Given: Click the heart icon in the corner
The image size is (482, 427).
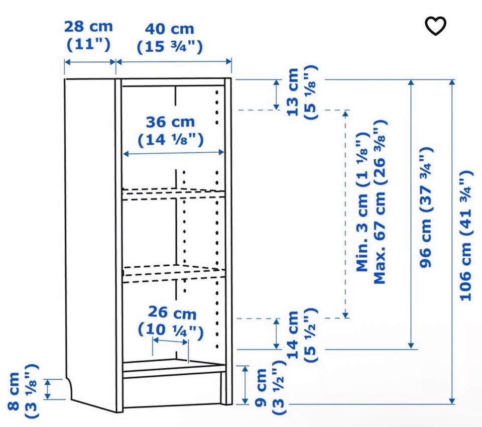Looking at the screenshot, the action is pos(436,26).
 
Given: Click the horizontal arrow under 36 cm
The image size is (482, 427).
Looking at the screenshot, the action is pos(173,153).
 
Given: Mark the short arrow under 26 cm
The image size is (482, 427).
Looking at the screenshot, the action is pos(170,341).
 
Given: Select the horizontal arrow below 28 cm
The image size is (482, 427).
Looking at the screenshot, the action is pos(90,62).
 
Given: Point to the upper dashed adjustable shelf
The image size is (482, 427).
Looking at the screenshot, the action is pos(174,194).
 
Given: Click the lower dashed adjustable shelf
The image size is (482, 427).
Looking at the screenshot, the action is pos(174,273).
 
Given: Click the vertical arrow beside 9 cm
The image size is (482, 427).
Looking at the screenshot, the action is pos(245,384).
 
